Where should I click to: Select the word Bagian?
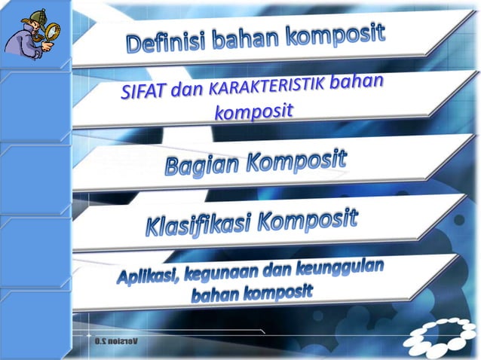[202, 165]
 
